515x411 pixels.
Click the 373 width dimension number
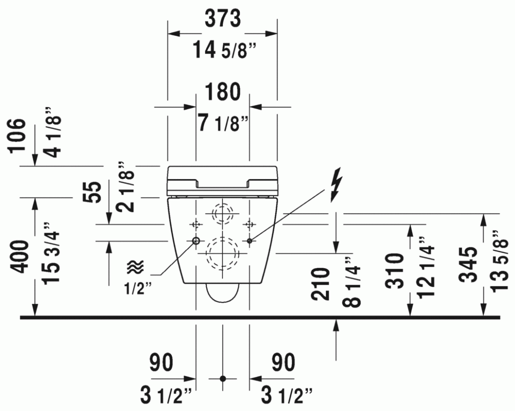pos(222,19)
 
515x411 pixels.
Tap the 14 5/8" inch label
pos(224,50)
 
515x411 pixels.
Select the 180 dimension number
pos(222,92)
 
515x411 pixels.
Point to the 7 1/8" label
pos(223,122)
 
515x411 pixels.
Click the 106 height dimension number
pos(17,135)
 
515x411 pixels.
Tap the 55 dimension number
pos(92,192)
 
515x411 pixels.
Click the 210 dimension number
pos(320,284)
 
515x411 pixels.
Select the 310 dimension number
pos(394,271)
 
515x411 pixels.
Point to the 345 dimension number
pos(468,264)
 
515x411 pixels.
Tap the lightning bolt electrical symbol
pos(336,185)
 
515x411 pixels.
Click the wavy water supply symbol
pos(135,267)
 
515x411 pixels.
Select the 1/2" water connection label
pos(138,289)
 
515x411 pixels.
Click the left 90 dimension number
pos(161,363)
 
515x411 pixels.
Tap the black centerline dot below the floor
pos(223,379)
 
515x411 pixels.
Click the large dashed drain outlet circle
pos(222,253)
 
